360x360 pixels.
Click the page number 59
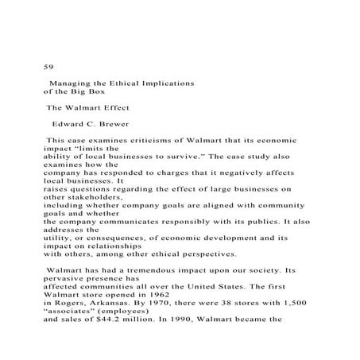pos(47,66)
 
